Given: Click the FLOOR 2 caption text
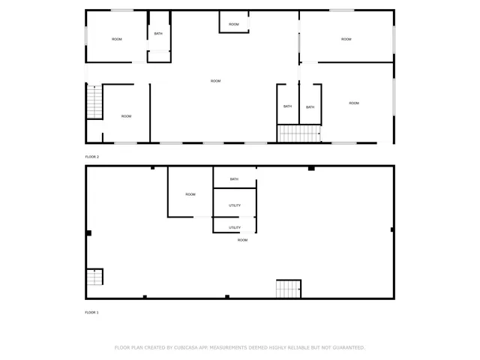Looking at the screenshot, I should (x=92, y=157).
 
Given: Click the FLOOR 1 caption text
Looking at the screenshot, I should (x=92, y=312).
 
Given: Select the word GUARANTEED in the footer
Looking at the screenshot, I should (x=346, y=348).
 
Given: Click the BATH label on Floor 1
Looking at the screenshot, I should (x=234, y=179).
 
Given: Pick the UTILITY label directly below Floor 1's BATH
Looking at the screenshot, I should (x=235, y=205).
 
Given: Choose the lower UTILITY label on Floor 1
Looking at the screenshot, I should (x=235, y=227).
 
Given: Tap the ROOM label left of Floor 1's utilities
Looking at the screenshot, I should (x=190, y=194).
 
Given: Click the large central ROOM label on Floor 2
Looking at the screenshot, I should (x=215, y=81).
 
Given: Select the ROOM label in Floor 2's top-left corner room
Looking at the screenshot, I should (x=117, y=39).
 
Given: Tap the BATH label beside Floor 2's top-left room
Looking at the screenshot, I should (x=158, y=34).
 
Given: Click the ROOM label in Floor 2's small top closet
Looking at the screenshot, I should (x=234, y=25).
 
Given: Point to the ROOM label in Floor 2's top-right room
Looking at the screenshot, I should (x=346, y=39).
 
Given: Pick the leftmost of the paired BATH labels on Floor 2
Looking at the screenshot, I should (x=287, y=106).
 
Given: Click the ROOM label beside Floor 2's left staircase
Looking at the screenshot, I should (x=126, y=116).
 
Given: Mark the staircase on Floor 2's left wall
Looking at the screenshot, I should (x=94, y=101).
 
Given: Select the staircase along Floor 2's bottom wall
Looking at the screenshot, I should (x=299, y=134).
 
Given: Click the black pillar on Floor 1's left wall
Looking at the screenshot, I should (x=88, y=233).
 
